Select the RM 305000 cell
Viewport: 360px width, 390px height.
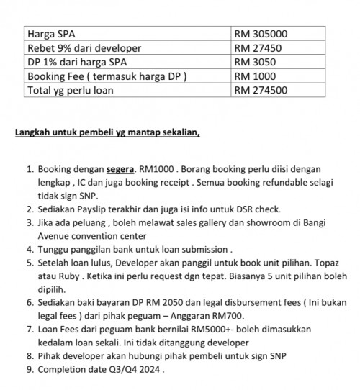click(261, 34)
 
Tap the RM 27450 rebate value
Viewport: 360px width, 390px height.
click(258, 48)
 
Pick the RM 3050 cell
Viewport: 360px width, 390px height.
click(255, 63)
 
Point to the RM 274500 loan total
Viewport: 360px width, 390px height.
click(261, 91)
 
